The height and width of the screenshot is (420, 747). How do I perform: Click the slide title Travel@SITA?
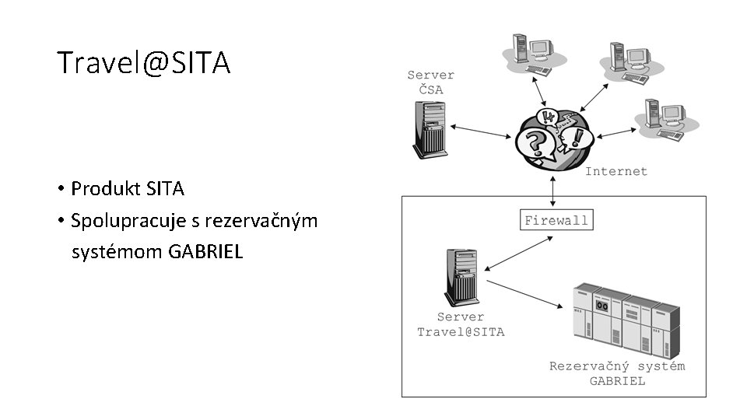point(143,63)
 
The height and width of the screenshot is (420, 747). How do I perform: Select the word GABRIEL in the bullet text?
point(205,252)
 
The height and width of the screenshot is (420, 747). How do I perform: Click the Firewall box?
point(556,220)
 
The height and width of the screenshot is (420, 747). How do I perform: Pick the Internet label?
point(615,171)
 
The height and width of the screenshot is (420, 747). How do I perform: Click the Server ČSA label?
point(431,82)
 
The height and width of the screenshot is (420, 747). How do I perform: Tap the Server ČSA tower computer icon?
point(431,131)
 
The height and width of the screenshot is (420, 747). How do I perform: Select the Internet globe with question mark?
point(553,138)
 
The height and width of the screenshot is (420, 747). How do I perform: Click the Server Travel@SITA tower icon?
point(461,277)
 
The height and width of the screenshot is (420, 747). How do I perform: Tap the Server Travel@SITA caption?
point(461,324)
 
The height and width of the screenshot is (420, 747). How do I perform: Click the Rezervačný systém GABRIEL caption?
point(617,373)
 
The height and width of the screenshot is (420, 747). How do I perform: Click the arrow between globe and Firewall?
point(553,191)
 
